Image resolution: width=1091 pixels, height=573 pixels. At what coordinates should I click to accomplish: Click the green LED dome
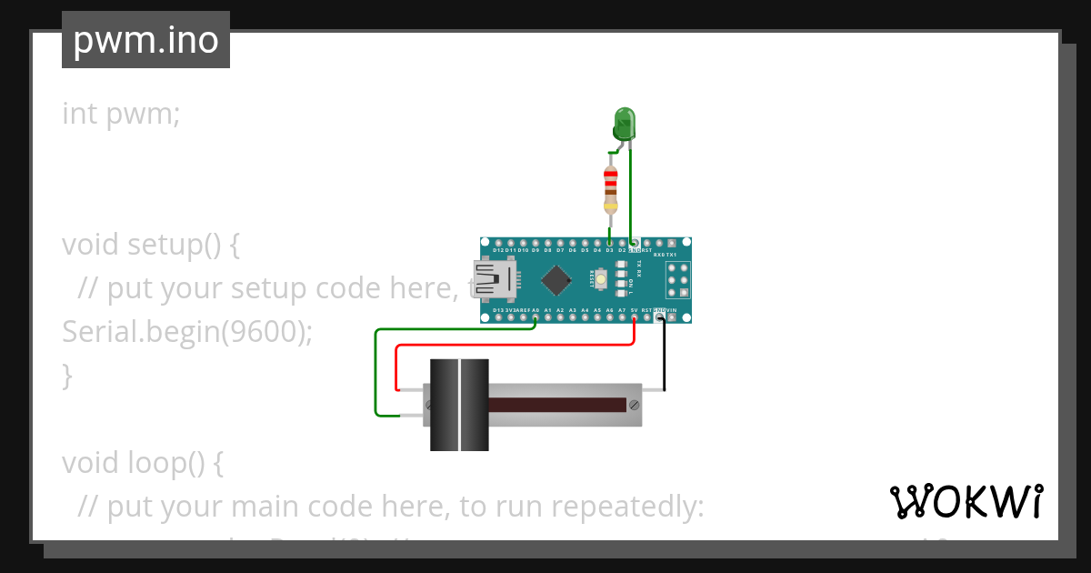pyautogui.click(x=625, y=120)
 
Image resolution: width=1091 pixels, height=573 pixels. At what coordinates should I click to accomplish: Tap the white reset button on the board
pyautogui.click(x=602, y=278)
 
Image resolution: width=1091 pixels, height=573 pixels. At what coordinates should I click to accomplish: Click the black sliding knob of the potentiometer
pyautogui.click(x=459, y=405)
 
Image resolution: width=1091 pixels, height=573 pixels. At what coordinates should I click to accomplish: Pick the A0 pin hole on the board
pyautogui.click(x=535, y=317)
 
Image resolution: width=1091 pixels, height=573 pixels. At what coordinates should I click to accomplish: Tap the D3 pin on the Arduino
pyautogui.click(x=609, y=242)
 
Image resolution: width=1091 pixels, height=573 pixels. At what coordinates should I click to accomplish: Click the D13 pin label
pyautogui.click(x=498, y=310)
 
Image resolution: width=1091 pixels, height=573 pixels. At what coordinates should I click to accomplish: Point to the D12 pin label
pyautogui.click(x=498, y=249)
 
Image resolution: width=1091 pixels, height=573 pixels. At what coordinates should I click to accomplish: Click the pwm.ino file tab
pyautogui.click(x=145, y=40)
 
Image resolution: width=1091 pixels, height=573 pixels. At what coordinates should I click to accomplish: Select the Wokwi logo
pyautogui.click(x=966, y=501)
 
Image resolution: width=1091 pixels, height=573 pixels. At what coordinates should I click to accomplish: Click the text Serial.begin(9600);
pyautogui.click(x=186, y=332)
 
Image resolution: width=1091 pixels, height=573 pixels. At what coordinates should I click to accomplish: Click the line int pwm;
pyautogui.click(x=121, y=114)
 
